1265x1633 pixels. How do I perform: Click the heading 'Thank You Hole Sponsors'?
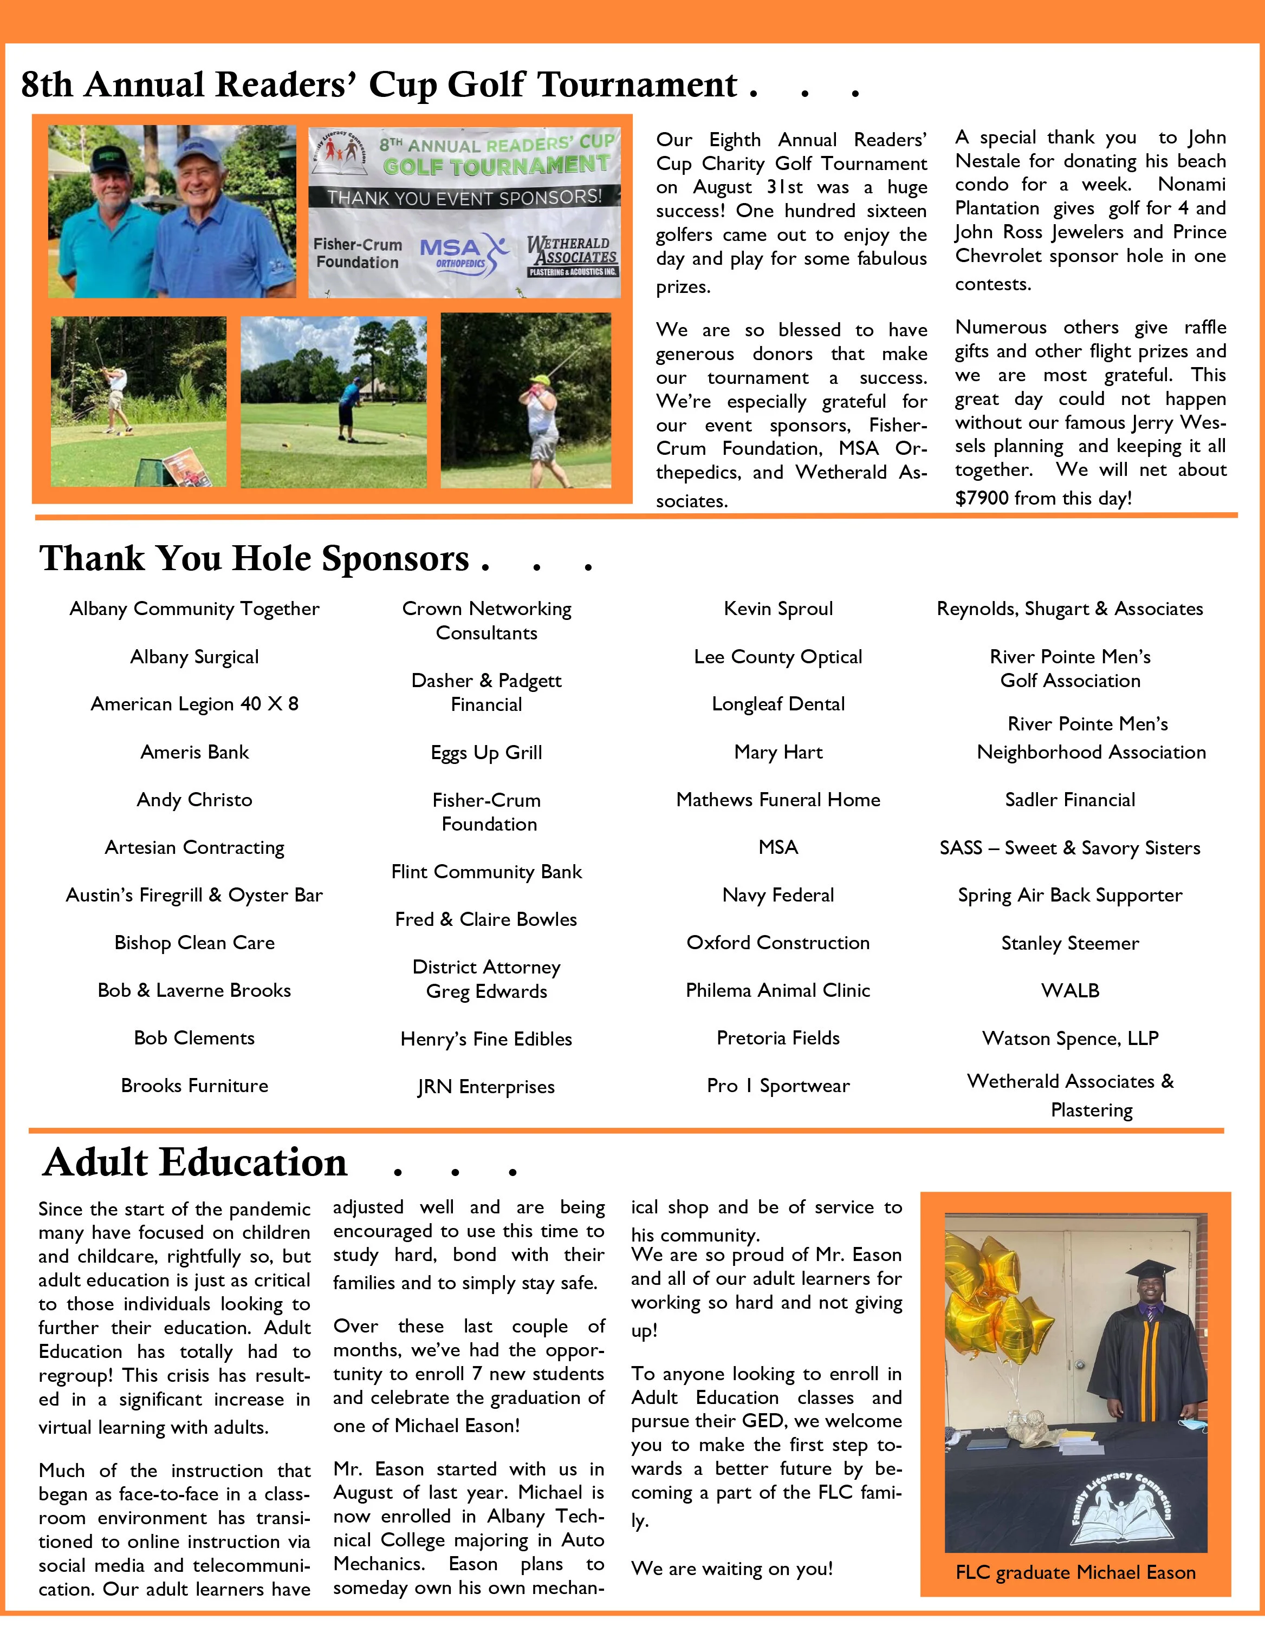click(x=254, y=559)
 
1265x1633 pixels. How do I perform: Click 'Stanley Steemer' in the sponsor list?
click(x=1070, y=943)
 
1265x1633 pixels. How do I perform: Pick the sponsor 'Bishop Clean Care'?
click(x=194, y=943)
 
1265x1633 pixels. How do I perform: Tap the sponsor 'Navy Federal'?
click(x=778, y=895)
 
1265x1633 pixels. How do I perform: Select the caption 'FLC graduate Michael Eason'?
click(x=1075, y=1572)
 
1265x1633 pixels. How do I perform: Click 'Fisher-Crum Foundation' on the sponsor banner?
click(x=358, y=253)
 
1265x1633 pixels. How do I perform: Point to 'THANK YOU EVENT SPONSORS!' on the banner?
click(x=464, y=198)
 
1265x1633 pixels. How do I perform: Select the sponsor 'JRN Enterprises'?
click(x=486, y=1087)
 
